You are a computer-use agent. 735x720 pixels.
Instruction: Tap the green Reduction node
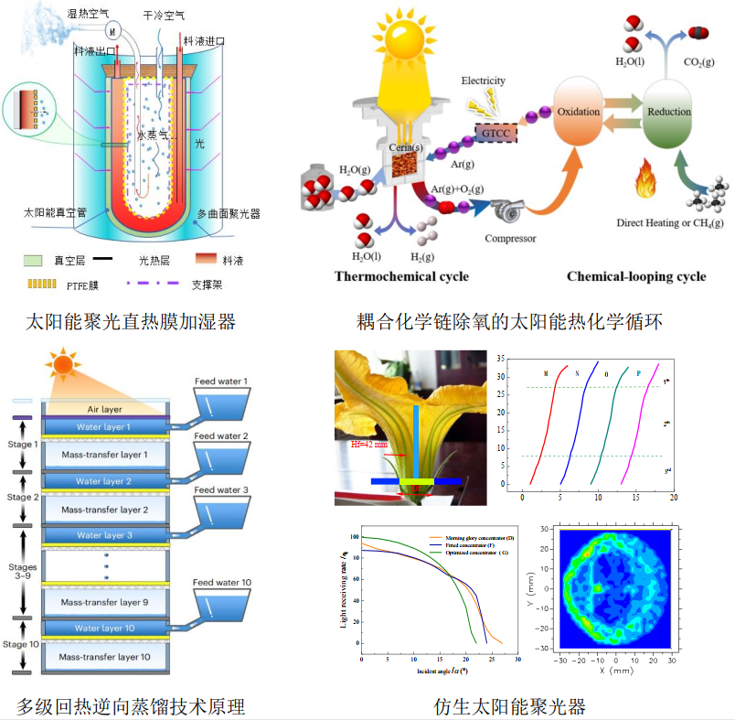pyautogui.click(x=668, y=113)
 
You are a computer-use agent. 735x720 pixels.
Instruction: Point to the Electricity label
pyautogui.click(x=483, y=81)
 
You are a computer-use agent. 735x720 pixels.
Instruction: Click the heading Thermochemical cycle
pyautogui.click(x=401, y=276)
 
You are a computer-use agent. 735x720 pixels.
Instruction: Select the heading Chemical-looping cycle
pyautogui.click(x=635, y=276)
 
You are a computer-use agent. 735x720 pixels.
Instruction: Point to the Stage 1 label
pyautogui.click(x=23, y=446)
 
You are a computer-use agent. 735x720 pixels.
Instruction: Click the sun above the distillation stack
pyautogui.click(x=63, y=365)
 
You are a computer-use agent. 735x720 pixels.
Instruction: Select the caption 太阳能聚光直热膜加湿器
pyautogui.click(x=130, y=321)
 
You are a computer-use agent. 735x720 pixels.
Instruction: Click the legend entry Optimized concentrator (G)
pyautogui.click(x=475, y=553)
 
